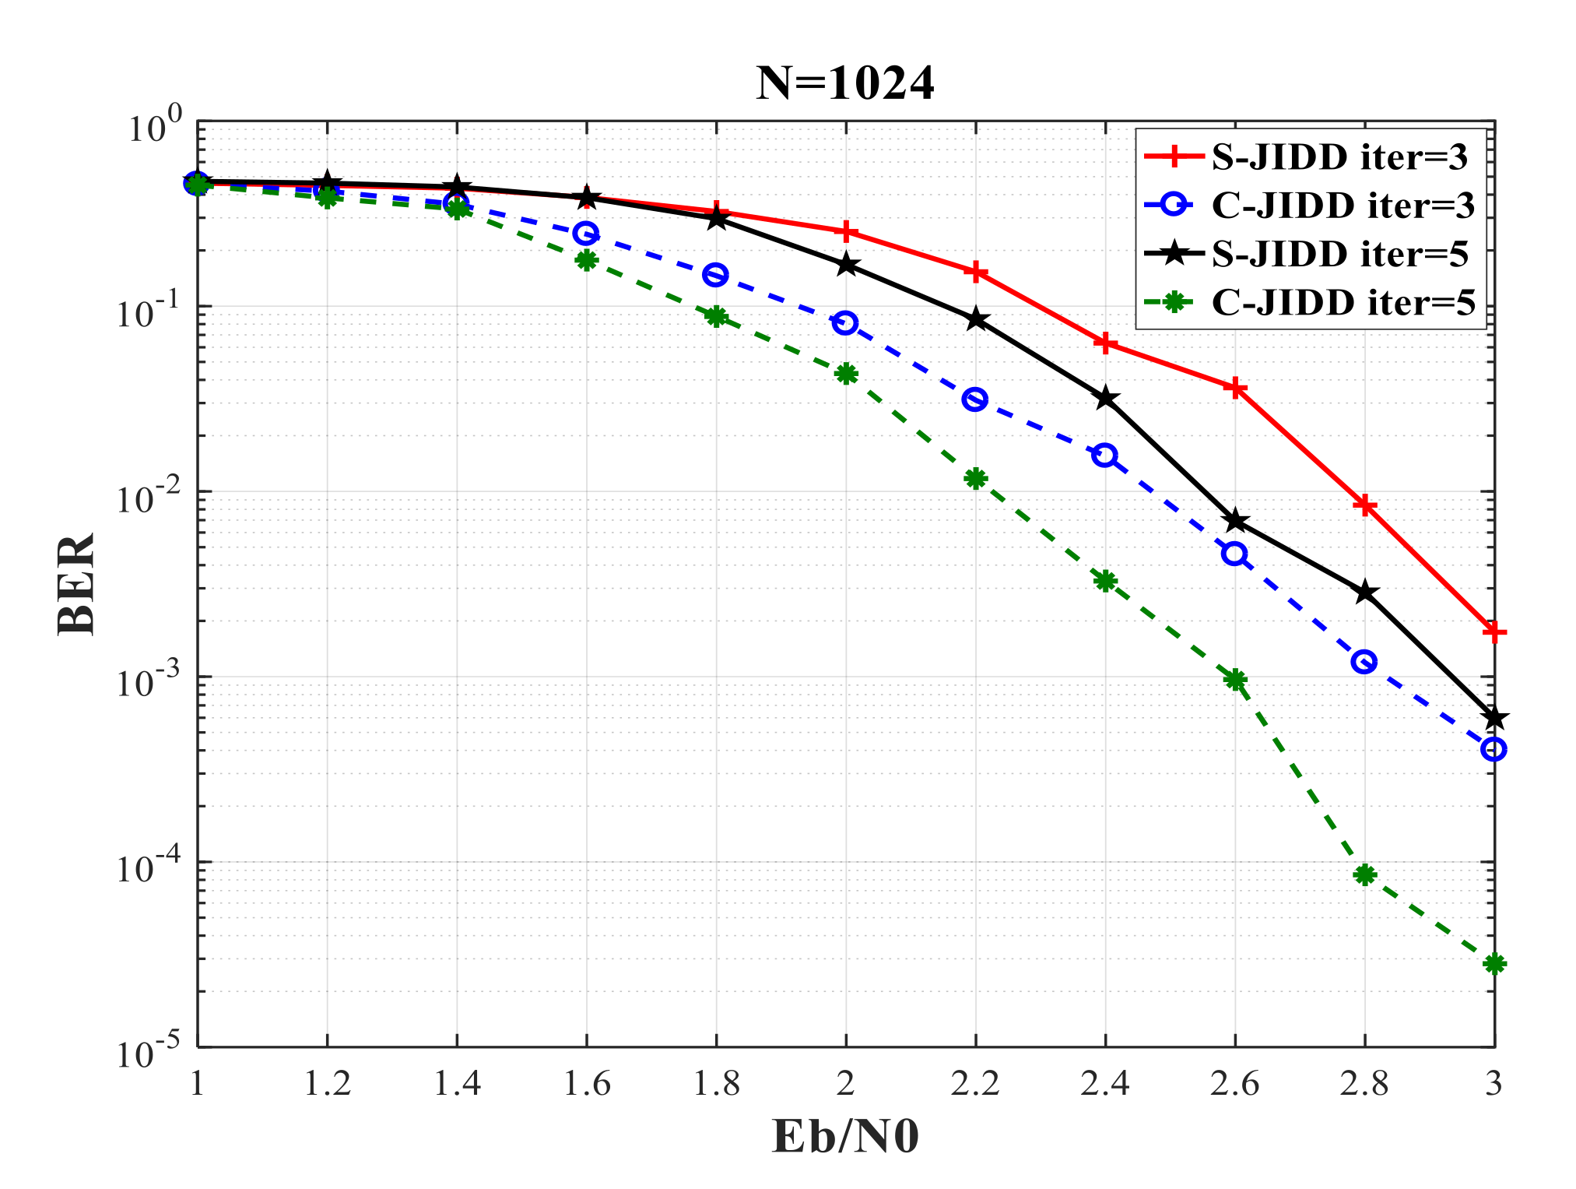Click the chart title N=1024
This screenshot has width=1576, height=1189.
coord(844,83)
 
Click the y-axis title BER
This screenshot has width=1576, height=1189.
coord(76,584)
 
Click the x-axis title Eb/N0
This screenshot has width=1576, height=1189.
coord(845,1136)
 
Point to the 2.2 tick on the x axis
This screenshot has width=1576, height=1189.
coord(975,1083)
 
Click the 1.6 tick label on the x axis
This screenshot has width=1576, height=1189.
coord(586,1083)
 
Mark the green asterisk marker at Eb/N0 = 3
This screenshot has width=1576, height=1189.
coord(1494,964)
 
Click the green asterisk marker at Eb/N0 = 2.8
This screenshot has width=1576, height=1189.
coord(1364,874)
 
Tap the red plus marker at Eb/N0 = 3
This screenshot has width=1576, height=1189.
coord(1494,631)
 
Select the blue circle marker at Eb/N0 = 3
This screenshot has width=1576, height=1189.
coord(1494,749)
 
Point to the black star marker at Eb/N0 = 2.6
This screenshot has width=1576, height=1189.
coord(1234,520)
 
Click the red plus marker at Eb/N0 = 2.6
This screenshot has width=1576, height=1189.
coord(1234,388)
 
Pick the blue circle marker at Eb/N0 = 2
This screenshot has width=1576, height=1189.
coord(845,322)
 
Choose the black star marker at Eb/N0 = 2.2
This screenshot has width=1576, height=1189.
coord(975,319)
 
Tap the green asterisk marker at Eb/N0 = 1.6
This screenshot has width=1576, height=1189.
coord(586,260)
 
